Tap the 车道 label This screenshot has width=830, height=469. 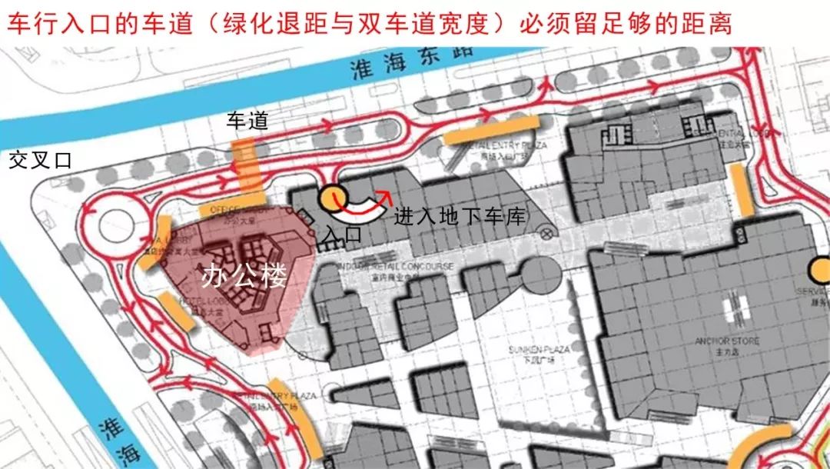pos(247,121)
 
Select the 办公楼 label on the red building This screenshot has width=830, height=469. pos(244,276)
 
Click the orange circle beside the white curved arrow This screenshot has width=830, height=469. pos(333,198)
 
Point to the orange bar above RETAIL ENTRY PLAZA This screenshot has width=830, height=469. pos(492,129)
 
